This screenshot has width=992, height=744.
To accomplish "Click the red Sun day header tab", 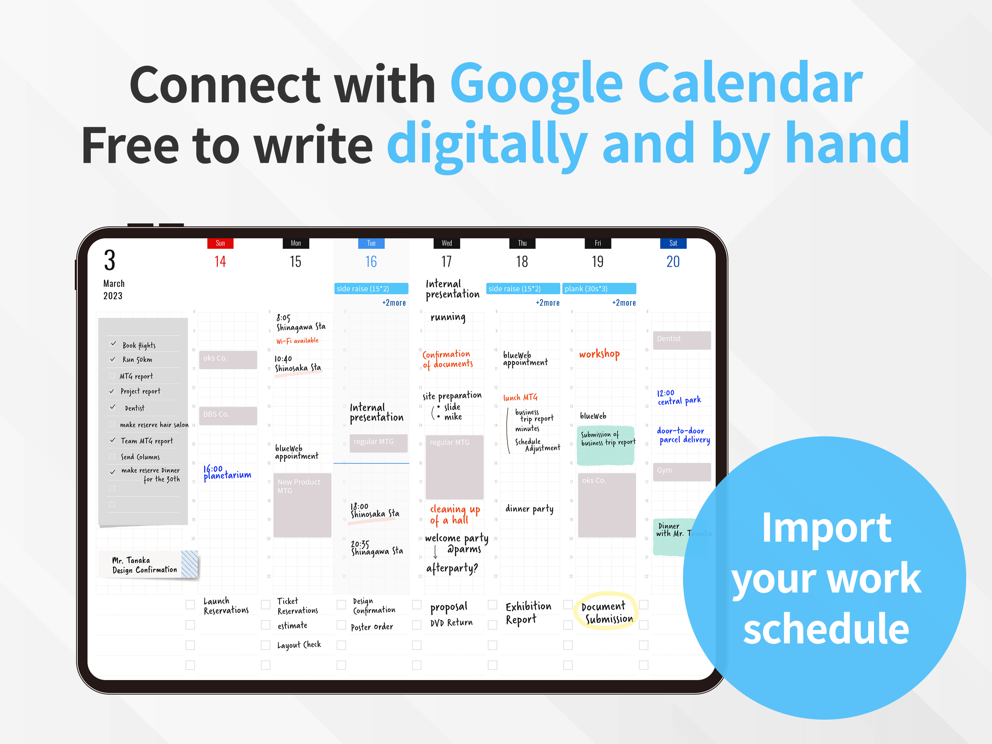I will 220,243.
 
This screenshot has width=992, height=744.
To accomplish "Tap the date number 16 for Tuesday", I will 371,262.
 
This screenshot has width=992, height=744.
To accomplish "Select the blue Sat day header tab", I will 673,243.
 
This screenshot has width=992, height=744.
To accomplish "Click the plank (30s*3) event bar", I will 599,288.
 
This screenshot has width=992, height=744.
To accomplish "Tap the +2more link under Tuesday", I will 394,303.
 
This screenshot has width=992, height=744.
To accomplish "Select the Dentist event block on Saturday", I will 681,340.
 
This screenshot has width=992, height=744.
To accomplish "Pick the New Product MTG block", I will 302,504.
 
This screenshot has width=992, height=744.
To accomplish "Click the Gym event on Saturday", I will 681,471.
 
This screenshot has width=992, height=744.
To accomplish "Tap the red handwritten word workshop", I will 599,354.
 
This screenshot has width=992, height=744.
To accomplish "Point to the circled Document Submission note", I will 606,612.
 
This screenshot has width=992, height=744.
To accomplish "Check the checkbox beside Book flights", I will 113,344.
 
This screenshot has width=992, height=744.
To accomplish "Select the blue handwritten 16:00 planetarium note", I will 227,473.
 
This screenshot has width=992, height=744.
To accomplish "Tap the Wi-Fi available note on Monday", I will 297,341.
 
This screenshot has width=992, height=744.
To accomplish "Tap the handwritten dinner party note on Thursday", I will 529,509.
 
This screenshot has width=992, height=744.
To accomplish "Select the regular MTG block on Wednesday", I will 454,467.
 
